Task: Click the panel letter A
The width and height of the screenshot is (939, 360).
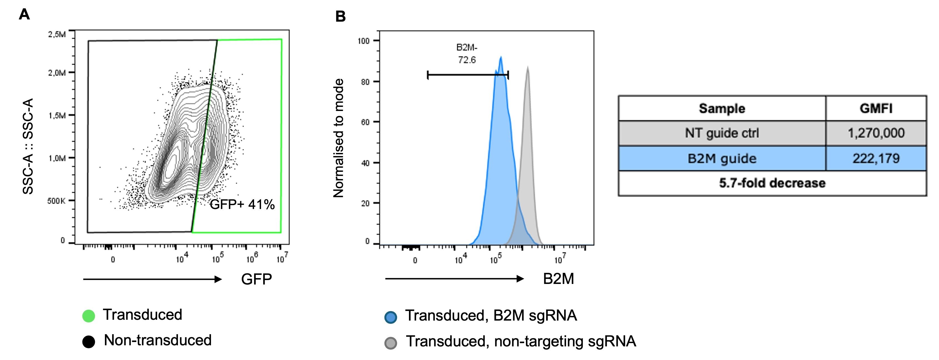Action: pyautogui.click(x=24, y=15)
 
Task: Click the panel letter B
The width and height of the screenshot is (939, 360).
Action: pyautogui.click(x=340, y=16)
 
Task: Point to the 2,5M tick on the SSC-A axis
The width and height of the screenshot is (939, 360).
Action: pyautogui.click(x=57, y=35)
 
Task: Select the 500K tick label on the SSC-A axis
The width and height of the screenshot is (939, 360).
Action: pyautogui.click(x=56, y=201)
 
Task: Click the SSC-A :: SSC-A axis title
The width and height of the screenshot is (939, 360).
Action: pyautogui.click(x=28, y=146)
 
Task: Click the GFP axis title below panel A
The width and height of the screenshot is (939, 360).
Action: pyautogui.click(x=256, y=279)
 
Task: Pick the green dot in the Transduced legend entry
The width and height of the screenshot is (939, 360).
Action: pyautogui.click(x=89, y=316)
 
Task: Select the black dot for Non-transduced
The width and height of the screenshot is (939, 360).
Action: pyautogui.click(x=89, y=341)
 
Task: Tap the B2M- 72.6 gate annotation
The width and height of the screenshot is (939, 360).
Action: pyautogui.click(x=466, y=54)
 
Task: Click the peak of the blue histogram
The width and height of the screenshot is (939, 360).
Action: pyautogui.click(x=501, y=57)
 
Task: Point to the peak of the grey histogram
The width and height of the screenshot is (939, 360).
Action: pyautogui.click(x=528, y=68)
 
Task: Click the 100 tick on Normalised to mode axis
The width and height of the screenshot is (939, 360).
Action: pyautogui.click(x=364, y=41)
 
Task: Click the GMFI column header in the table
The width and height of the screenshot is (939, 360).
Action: pyautogui.click(x=876, y=109)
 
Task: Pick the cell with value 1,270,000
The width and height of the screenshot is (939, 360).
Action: pyautogui.click(x=876, y=133)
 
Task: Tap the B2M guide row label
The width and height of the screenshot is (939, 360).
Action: pyautogui.click(x=722, y=158)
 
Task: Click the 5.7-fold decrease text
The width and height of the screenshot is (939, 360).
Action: pyautogui.click(x=772, y=183)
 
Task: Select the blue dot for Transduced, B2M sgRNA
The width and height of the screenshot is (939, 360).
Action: pyautogui.click(x=391, y=317)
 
